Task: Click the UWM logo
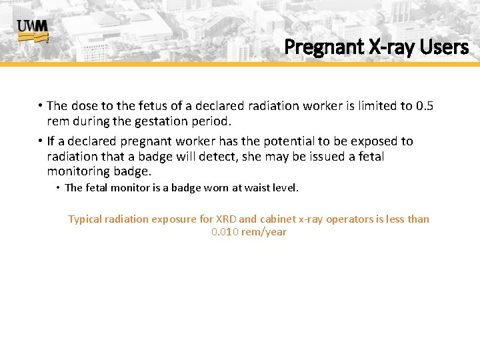pyautogui.click(x=32, y=31)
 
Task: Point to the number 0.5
pyautogui.click(x=425, y=106)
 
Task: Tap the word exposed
pyautogui.click(x=375, y=141)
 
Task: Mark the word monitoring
pyautogui.click(x=78, y=172)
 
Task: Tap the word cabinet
pyautogui.click(x=277, y=219)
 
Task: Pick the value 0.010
pyautogui.click(x=225, y=232)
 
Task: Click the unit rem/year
pyautogui.click(x=265, y=232)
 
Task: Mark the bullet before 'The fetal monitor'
pyautogui.click(x=58, y=188)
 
